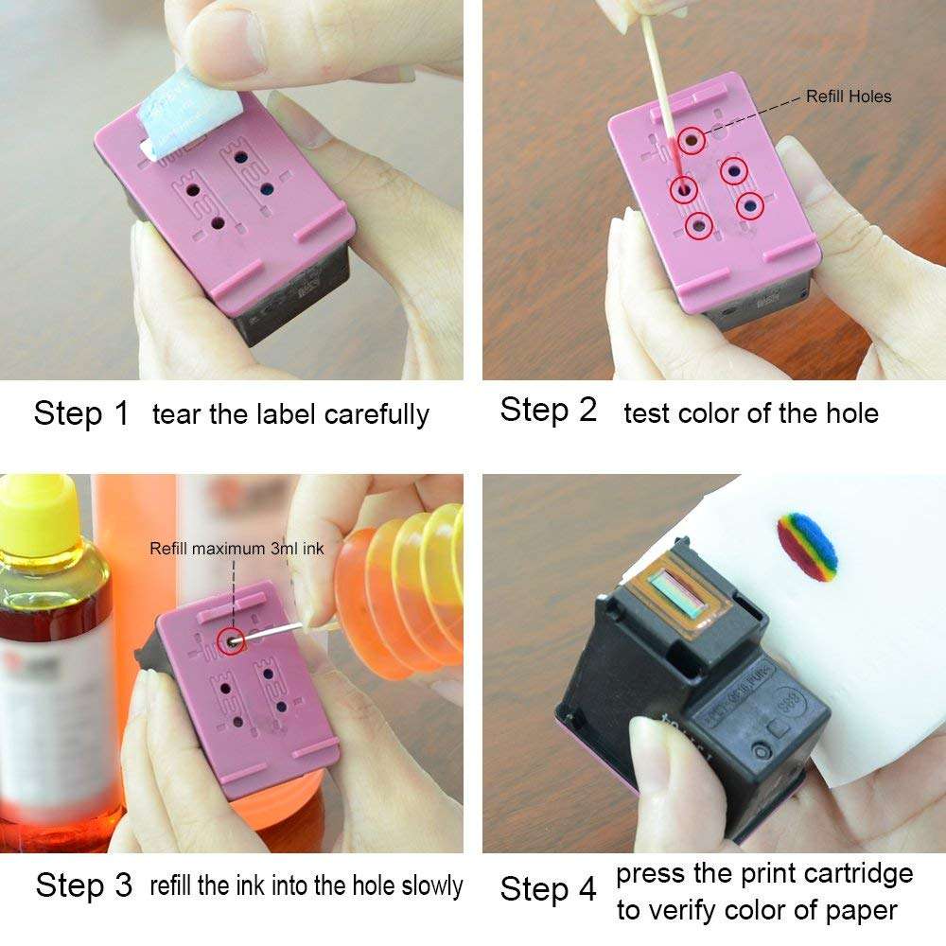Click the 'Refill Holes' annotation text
848,96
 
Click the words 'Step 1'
80,413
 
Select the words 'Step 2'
549,411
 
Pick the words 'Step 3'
83,885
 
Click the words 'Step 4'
549,889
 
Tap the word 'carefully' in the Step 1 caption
377,414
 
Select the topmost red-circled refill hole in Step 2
692,141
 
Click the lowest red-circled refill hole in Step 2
699,224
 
